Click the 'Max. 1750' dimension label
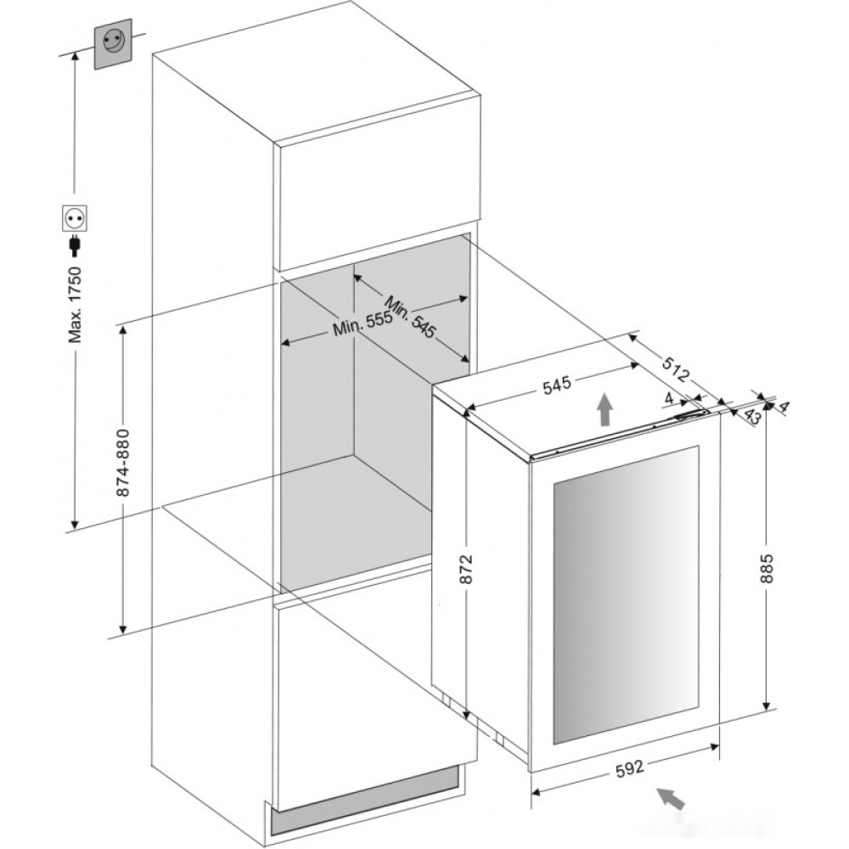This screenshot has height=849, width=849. [75, 305]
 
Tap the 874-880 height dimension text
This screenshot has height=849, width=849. [123, 463]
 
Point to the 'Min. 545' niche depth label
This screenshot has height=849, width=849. [410, 317]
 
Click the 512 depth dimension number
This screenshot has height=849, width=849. [676, 368]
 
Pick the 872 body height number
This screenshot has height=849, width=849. [465, 569]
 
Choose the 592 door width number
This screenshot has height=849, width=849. [630, 767]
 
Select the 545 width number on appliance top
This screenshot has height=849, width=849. [557, 385]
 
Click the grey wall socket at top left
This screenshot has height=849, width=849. [113, 44]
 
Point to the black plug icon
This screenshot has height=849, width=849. [75, 245]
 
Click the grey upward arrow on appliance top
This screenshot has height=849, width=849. [604, 410]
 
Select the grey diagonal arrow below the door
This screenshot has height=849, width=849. [671, 798]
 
